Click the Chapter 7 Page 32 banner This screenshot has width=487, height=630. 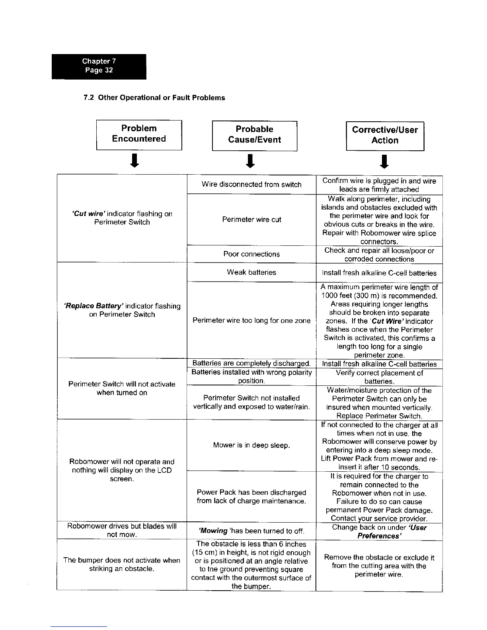99,66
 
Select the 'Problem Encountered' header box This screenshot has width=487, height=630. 139,134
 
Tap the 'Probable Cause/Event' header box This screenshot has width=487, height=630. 254,135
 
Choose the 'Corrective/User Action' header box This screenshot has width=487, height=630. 385,136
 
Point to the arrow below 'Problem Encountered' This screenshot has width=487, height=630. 135,161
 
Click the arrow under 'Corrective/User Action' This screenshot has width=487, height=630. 384,162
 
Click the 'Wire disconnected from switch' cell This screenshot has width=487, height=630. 251,185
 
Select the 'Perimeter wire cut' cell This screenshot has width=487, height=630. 251,220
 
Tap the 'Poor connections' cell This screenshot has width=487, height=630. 251,254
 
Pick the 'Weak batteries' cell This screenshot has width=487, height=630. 251,272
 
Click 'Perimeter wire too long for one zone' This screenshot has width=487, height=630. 251,321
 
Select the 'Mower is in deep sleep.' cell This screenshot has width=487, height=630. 251,445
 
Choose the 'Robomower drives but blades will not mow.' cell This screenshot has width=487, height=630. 122,530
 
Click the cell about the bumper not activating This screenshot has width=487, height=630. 122,564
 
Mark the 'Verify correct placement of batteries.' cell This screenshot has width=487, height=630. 379,377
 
